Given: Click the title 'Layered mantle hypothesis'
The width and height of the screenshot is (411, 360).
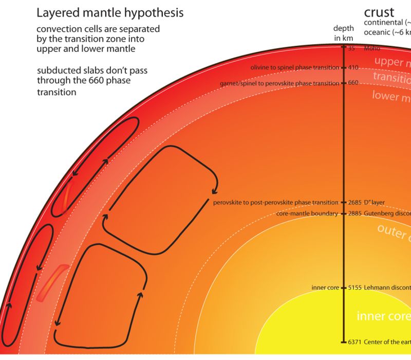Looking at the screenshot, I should click(x=110, y=12).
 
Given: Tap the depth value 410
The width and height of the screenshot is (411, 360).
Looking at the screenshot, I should click(x=353, y=67).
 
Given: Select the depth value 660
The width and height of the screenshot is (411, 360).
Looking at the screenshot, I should click(x=353, y=82).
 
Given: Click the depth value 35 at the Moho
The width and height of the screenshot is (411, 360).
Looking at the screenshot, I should click(x=352, y=48).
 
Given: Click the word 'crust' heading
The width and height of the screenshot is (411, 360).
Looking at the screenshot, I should click(x=379, y=12).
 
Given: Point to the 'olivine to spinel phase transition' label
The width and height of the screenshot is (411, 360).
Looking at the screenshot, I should click(x=294, y=67).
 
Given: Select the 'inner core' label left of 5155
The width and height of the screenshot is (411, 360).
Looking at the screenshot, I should click(x=325, y=287).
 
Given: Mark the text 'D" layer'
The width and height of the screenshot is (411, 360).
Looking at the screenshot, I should click(x=375, y=203).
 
